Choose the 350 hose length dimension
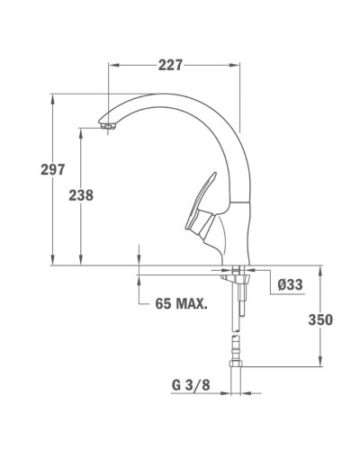(321, 319)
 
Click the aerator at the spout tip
(110, 128)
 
